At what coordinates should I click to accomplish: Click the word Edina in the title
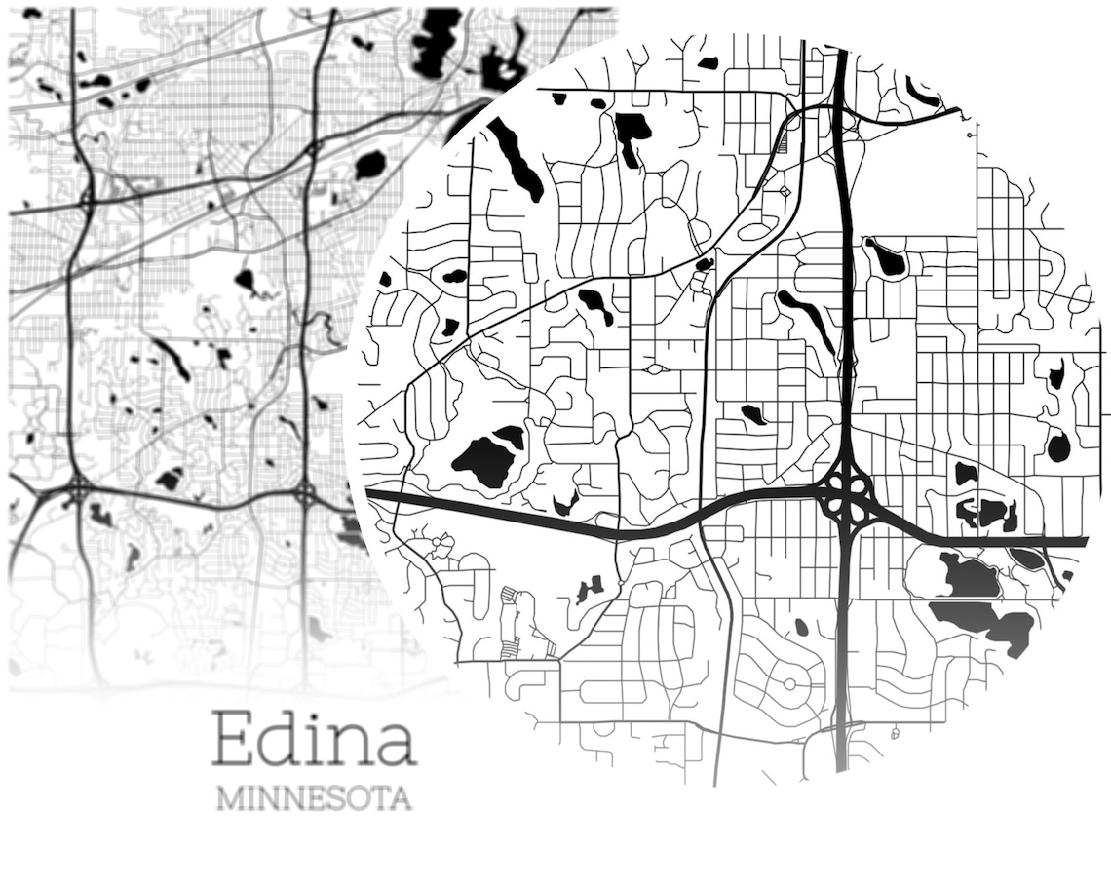(314, 738)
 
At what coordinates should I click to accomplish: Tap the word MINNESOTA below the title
(314, 798)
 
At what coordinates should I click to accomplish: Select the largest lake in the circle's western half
(485, 458)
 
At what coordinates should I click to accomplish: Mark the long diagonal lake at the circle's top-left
(516, 159)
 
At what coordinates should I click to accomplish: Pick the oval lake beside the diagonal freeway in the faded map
(370, 165)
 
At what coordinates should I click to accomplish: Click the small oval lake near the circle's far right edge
(1058, 446)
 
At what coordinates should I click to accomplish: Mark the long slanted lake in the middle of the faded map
(172, 358)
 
